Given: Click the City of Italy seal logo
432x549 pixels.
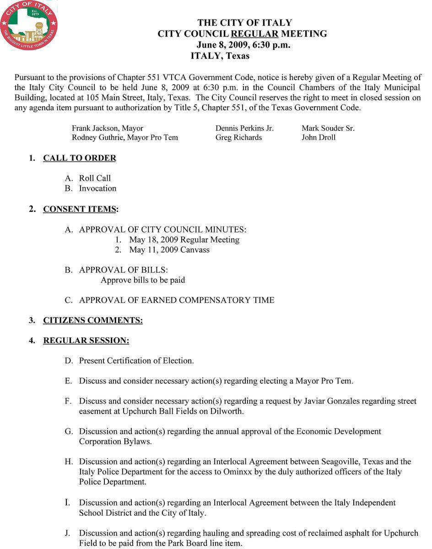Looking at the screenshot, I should tap(29, 25).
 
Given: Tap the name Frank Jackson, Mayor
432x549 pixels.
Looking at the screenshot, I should tap(108, 129).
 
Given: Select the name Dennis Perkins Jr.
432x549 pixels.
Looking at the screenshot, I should tap(244, 129).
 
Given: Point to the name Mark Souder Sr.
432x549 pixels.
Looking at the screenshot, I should tap(328, 129).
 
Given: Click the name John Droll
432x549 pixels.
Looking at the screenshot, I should tap(319, 137).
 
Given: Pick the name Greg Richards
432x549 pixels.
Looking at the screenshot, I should tap(238, 137).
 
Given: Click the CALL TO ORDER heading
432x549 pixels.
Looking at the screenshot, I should tap(80, 158).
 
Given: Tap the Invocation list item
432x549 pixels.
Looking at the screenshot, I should tap(97, 188).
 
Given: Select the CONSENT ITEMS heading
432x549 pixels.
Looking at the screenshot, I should tap(80, 210).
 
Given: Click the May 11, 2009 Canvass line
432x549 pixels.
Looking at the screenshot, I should tap(169, 250).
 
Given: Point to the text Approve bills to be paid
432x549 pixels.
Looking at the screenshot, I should tap(143, 280).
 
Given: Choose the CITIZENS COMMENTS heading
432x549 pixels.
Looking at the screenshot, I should tap(93, 320).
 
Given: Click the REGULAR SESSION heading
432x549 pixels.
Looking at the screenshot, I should tap(86, 340).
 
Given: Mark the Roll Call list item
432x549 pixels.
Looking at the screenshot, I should tap(95, 178).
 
